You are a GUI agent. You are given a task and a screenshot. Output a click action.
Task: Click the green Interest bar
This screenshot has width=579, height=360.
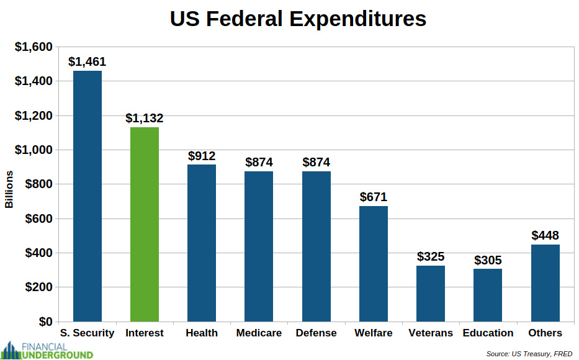coord(145,224)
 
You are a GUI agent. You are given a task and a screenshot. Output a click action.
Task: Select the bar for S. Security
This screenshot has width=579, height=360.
coord(88,196)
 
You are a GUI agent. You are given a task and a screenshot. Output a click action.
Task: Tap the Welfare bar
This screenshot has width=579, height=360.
coord(374,264)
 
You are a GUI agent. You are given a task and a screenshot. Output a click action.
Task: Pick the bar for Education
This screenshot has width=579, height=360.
coord(488,295)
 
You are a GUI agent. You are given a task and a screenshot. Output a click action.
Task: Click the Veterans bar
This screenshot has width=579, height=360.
coord(431,294)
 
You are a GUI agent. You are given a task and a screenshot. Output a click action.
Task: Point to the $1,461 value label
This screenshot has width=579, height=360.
coord(88,62)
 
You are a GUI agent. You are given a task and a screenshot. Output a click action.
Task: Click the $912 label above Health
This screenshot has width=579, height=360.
coord(202,156)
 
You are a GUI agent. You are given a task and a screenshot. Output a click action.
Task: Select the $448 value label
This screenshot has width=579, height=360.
coord(545,236)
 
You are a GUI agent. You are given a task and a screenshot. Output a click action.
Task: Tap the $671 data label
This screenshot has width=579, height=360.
coord(374,197)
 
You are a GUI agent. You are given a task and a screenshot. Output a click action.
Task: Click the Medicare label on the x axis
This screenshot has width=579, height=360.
coord(259,333)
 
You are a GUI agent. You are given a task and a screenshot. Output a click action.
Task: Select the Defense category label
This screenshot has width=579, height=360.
coord(316,333)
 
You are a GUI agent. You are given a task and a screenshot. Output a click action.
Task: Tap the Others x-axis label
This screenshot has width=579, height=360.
coord(545,333)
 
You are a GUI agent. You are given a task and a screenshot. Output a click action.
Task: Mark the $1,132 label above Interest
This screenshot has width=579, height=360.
coord(145,118)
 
